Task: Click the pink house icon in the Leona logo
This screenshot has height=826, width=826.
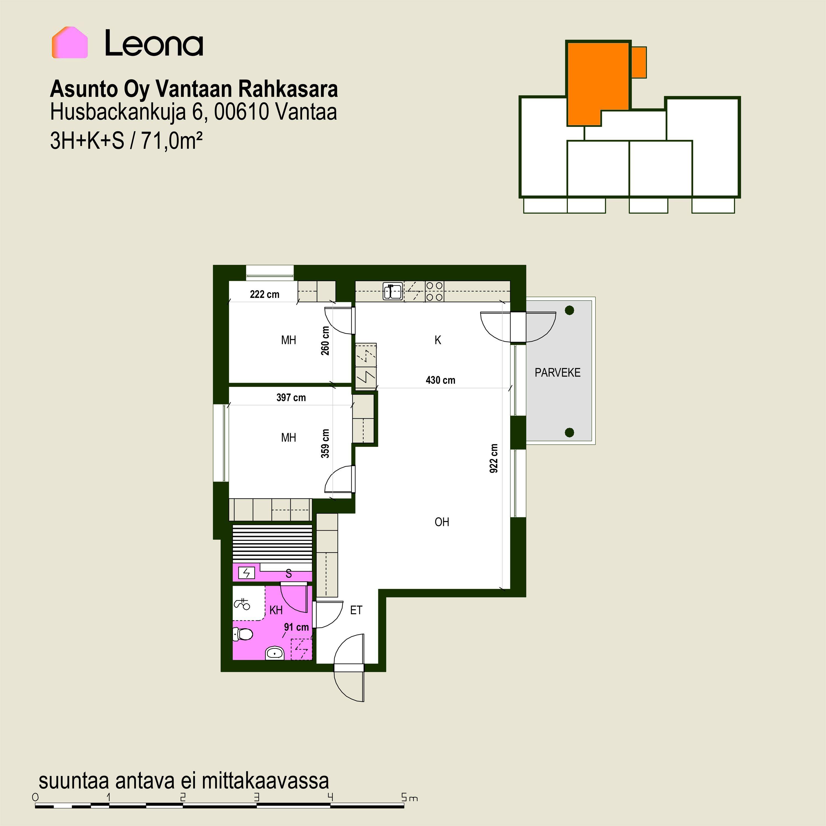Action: (x=70, y=42)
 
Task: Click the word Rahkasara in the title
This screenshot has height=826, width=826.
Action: (x=288, y=89)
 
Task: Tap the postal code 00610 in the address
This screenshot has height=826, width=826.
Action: (x=241, y=112)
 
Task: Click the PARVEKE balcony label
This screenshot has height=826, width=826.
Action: (x=558, y=372)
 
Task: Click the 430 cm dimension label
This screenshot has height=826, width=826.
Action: (x=440, y=380)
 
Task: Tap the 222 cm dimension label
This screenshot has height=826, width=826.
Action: (x=265, y=294)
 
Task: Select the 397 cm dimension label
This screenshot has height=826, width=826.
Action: (x=291, y=398)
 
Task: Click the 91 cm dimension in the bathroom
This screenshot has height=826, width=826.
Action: (x=296, y=627)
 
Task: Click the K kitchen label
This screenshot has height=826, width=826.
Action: (x=438, y=340)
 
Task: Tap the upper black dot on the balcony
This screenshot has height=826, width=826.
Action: (x=569, y=310)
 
